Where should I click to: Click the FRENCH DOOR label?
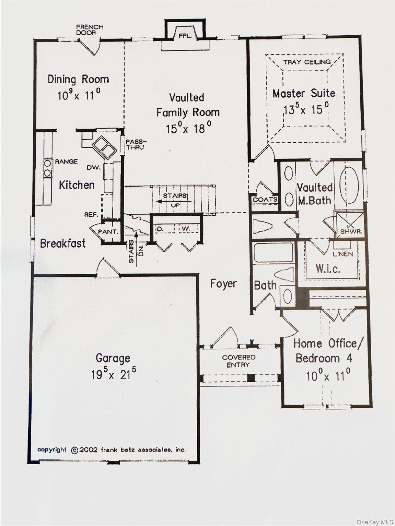[x=90, y=29]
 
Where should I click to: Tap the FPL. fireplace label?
[x=185, y=36]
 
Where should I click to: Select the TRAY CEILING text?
[x=307, y=62]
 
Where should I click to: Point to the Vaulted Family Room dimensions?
[x=188, y=128]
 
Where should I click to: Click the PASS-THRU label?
[x=136, y=144]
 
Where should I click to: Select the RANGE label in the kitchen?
[x=66, y=161]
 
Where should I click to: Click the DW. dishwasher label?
[x=93, y=167]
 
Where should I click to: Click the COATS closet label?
[x=265, y=200]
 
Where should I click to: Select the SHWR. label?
[x=351, y=231]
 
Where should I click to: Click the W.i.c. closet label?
[x=328, y=268]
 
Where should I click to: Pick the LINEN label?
[x=342, y=254]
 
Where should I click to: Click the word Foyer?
[x=223, y=284]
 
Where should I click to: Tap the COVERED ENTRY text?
[x=239, y=361]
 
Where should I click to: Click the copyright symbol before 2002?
[x=74, y=450]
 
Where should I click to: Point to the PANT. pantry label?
[x=108, y=231]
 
